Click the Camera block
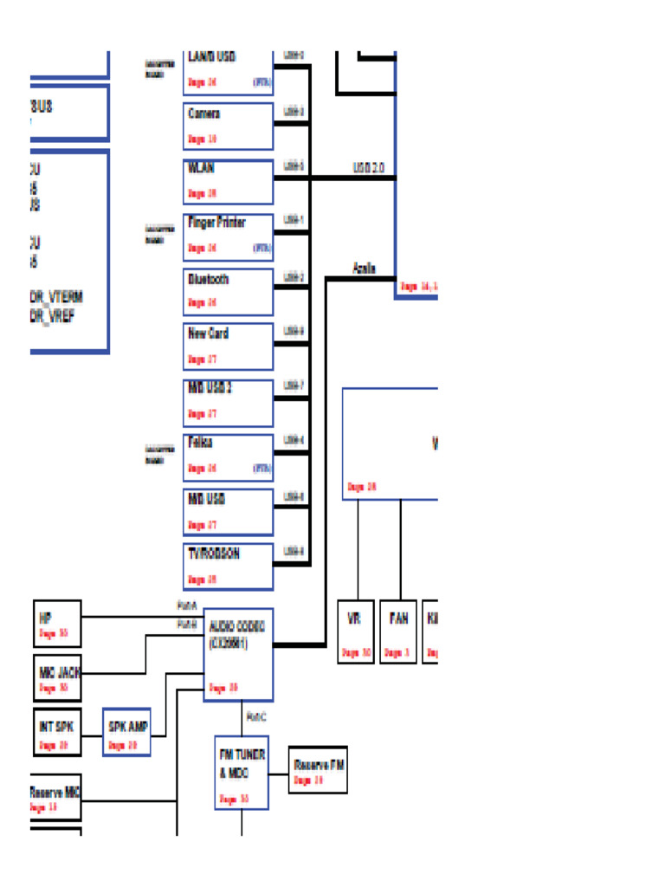tap(229, 126)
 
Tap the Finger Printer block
tap(229, 236)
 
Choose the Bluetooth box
tap(229, 291)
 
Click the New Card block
tap(229, 346)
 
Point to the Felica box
tap(229, 456)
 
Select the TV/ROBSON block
tap(229, 567)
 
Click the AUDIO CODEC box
tap(239, 654)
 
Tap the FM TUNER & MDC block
tap(242, 773)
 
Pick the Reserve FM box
tap(318, 770)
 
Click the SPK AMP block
tap(126, 733)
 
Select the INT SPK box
tap(57, 733)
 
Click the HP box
tap(57, 624)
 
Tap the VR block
tap(356, 631)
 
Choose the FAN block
tap(398, 631)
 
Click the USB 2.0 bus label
tap(368, 167)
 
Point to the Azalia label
tap(365, 269)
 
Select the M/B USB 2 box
tap(229, 402)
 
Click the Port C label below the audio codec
tap(256, 716)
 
